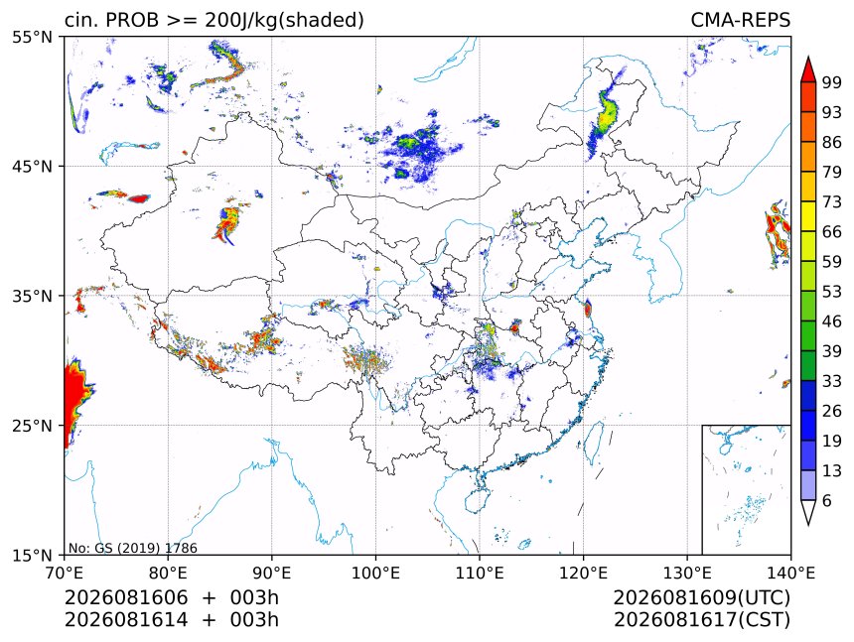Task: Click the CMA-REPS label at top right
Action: pyautogui.click(x=740, y=20)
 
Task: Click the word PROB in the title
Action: pyautogui.click(x=133, y=20)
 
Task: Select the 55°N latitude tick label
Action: pyautogui.click(x=32, y=37)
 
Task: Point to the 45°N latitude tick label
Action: pyautogui.click(x=32, y=166)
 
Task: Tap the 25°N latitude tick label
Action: pyautogui.click(x=32, y=425)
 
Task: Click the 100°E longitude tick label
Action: pyautogui.click(x=375, y=573)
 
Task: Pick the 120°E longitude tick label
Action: pyautogui.click(x=583, y=573)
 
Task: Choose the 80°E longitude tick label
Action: pyautogui.click(x=168, y=573)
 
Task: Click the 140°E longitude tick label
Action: pyautogui.click(x=790, y=573)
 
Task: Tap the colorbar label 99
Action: pyautogui.click(x=832, y=82)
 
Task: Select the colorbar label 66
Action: pyautogui.click(x=832, y=232)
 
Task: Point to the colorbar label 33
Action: pyautogui.click(x=832, y=381)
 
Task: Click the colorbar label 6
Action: pyautogui.click(x=827, y=500)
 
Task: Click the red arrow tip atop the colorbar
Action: pyautogui.click(x=808, y=57)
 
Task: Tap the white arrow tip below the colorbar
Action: pyautogui.click(x=808, y=525)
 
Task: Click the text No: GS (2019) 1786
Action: pyautogui.click(x=132, y=548)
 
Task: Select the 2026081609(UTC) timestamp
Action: pyautogui.click(x=701, y=597)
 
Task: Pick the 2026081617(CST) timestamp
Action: pyautogui.click(x=701, y=620)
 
